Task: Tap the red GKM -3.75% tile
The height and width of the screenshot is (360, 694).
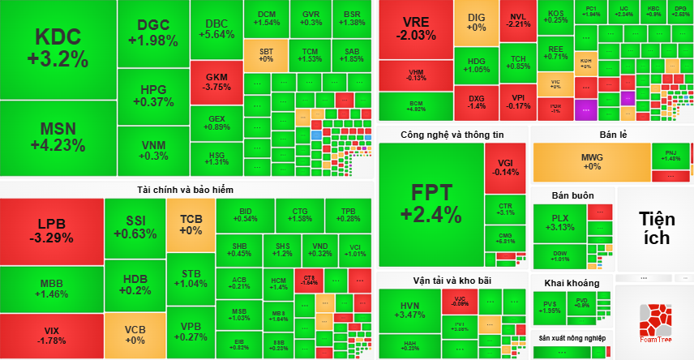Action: click(x=216, y=82)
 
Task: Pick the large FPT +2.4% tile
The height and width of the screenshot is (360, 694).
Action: click(x=431, y=204)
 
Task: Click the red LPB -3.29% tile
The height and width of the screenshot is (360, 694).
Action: click(x=50, y=230)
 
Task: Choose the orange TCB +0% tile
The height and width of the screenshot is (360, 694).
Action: click(x=191, y=224)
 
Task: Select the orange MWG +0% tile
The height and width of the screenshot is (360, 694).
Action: click(x=592, y=161)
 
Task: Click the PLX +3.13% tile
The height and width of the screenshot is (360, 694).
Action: click(x=560, y=222)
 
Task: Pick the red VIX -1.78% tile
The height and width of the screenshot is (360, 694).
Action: click(x=50, y=335)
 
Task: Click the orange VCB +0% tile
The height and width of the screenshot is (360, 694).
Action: click(x=135, y=335)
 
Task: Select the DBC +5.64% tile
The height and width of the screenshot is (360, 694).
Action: click(x=216, y=28)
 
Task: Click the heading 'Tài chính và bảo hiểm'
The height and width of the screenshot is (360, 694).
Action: click(x=186, y=189)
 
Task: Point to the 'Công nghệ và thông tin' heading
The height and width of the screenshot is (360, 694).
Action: click(x=452, y=135)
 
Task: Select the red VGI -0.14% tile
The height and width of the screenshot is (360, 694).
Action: click(x=506, y=167)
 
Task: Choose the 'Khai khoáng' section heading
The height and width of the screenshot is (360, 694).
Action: click(x=572, y=283)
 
